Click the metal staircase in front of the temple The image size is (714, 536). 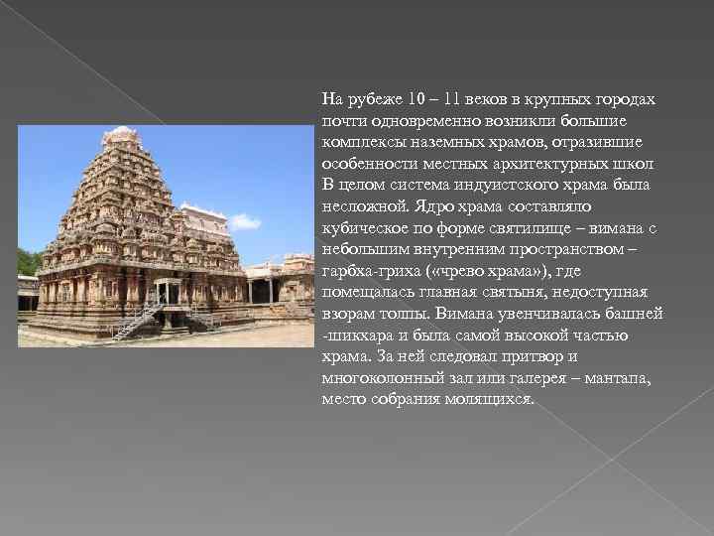(139, 320)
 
